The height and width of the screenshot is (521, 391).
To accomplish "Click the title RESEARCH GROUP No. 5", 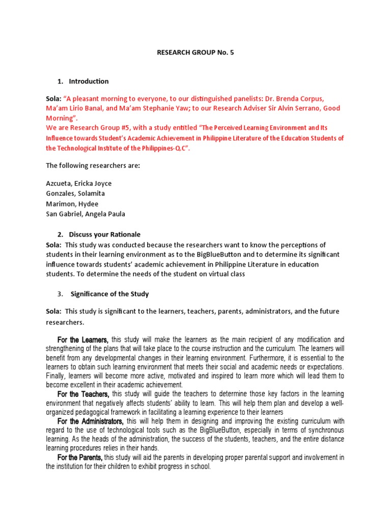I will coord(195,52).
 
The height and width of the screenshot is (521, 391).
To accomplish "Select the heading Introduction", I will coord(89,81).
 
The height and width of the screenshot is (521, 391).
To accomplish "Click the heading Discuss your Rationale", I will coord(104,235).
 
